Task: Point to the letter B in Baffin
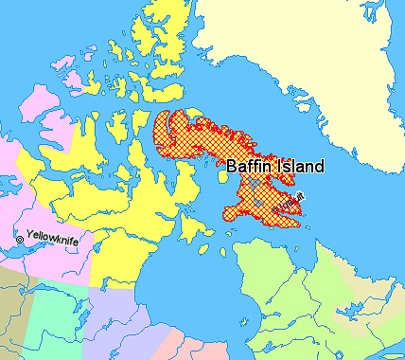(x=231, y=166)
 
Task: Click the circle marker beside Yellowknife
(x=19, y=241)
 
